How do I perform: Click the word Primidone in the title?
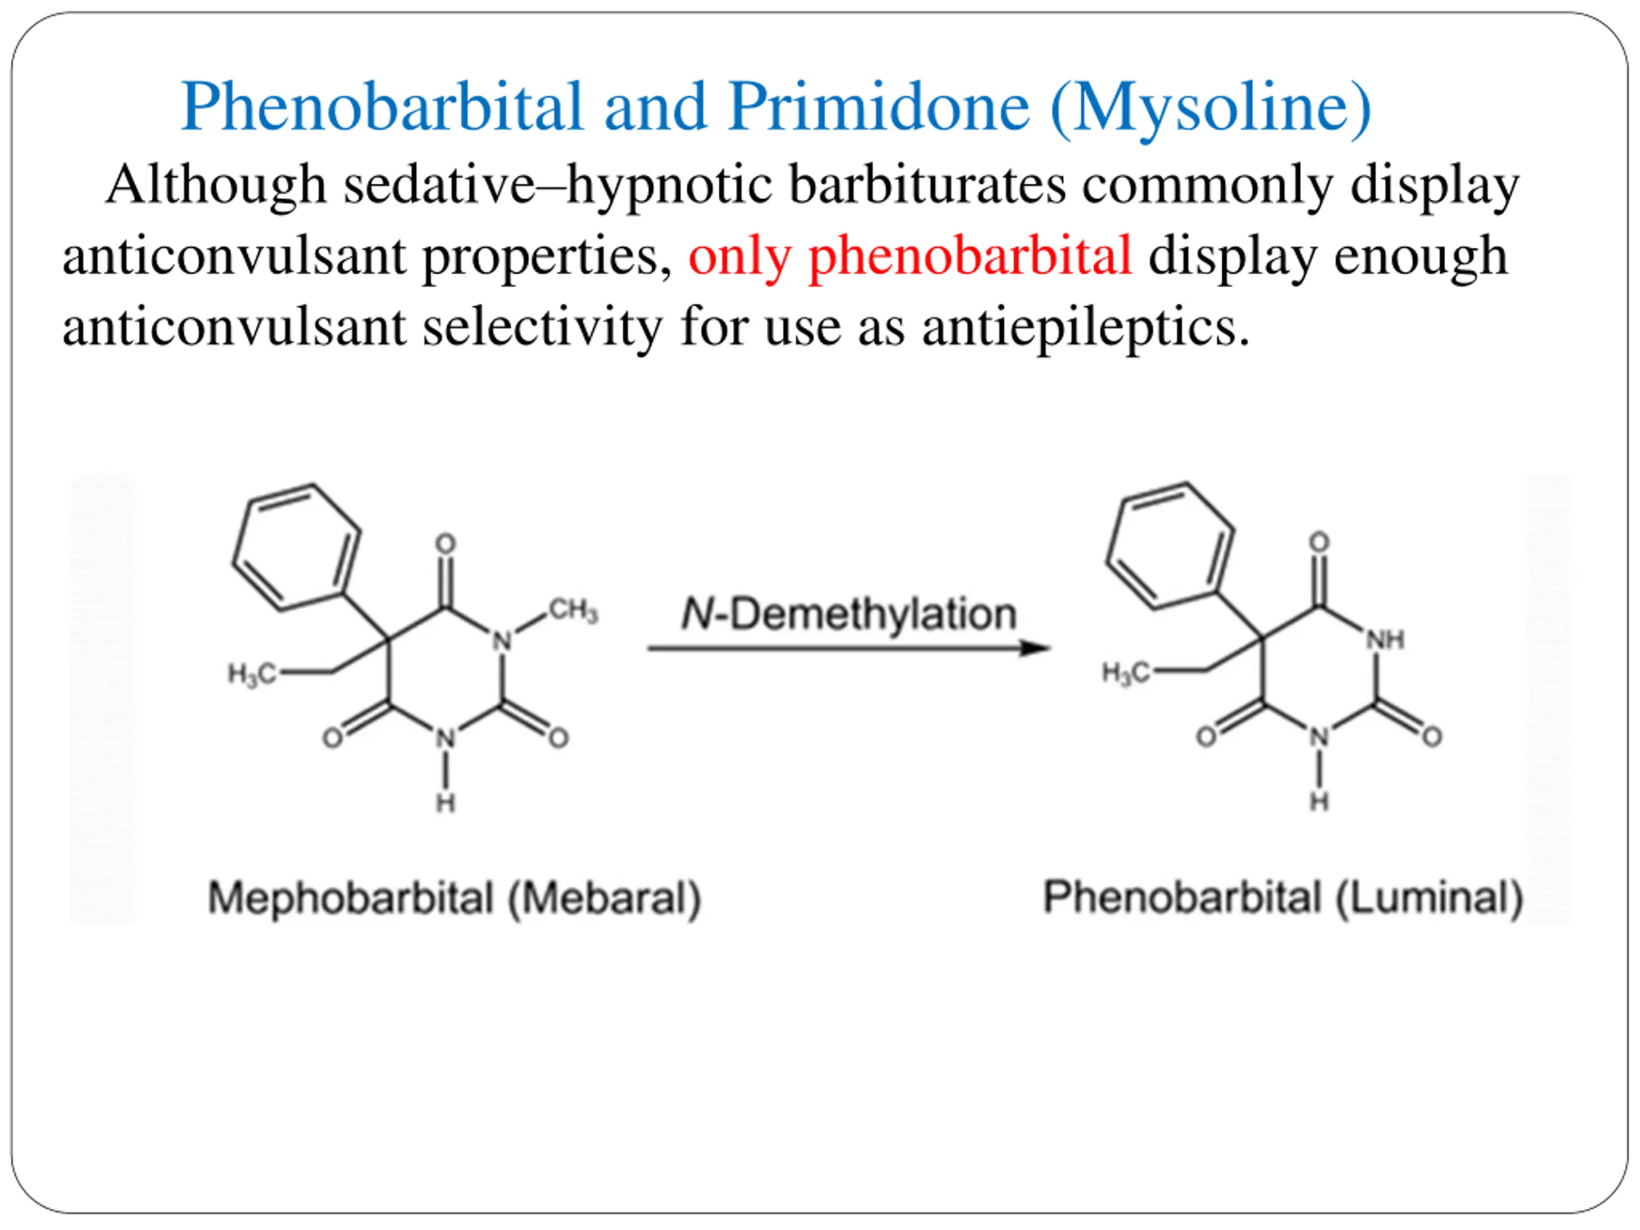point(878,108)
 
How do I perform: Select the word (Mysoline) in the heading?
point(1211,108)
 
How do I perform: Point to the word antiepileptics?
point(1085,327)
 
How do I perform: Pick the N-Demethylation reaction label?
point(848,614)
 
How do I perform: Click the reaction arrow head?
point(1034,648)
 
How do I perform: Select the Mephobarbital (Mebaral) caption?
point(454,898)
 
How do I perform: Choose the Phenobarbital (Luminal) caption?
point(1283,897)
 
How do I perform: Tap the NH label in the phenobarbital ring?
point(1385,639)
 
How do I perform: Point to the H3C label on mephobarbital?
point(251,674)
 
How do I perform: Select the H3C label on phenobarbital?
point(1126,673)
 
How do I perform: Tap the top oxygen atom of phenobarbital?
point(1319,542)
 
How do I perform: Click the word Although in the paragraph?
point(216,185)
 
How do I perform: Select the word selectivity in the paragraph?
point(542,327)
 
